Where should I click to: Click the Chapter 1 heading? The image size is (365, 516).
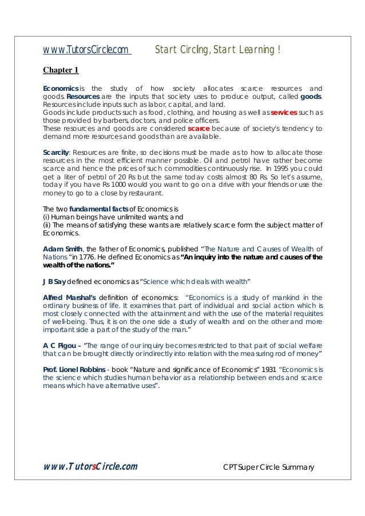pyautogui.click(x=61, y=71)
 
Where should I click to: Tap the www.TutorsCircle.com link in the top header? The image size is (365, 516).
pyautogui.click(x=86, y=50)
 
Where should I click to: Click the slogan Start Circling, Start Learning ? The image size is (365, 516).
pyautogui.click(x=217, y=50)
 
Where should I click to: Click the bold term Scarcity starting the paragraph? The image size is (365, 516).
pyautogui.click(x=56, y=153)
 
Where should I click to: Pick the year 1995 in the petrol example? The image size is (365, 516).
pyautogui.click(x=291, y=169)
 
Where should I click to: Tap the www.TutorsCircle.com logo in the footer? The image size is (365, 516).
pyautogui.click(x=90, y=466)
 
